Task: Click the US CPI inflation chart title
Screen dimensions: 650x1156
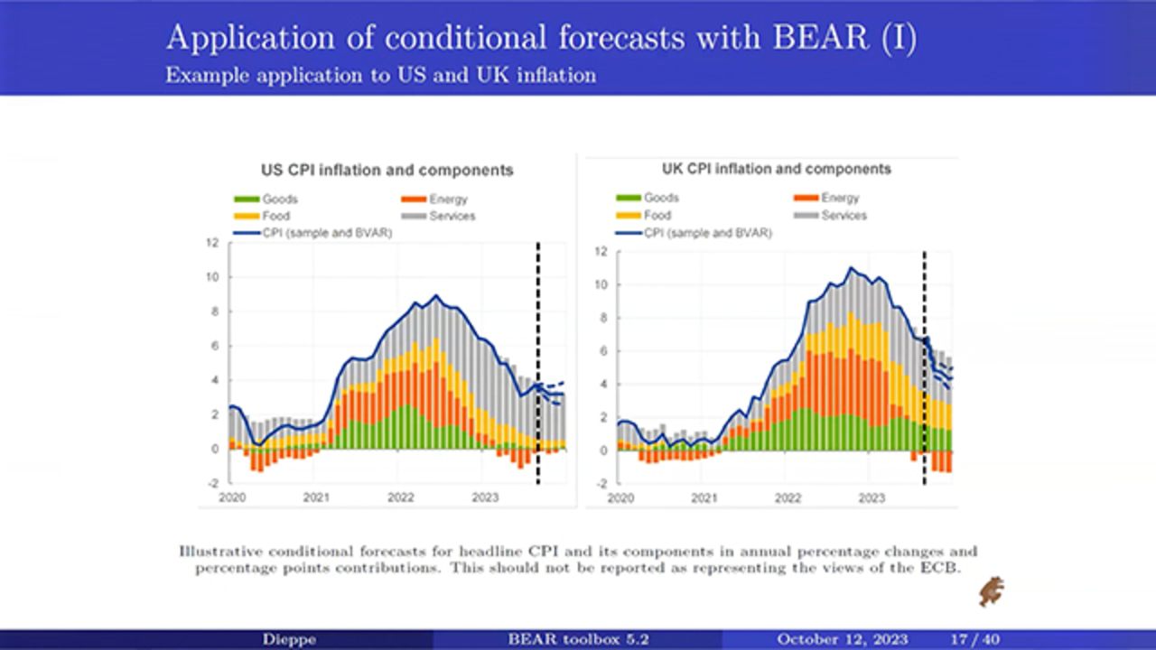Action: pyautogui.click(x=387, y=171)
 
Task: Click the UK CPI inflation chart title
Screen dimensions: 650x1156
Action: pyautogui.click(x=776, y=169)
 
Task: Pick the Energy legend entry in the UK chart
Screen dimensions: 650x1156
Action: pyautogui.click(x=839, y=198)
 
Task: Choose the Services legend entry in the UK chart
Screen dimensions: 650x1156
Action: pyautogui.click(x=844, y=216)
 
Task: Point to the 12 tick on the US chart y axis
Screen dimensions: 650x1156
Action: pyautogui.click(x=213, y=243)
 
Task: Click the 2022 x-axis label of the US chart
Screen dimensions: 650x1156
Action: pyautogui.click(x=400, y=497)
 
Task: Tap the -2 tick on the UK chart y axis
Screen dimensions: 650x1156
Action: pyautogui.click(x=600, y=484)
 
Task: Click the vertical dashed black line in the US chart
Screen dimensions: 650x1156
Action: pyautogui.click(x=538, y=361)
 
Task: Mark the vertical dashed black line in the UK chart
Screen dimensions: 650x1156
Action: pyautogui.click(x=924, y=361)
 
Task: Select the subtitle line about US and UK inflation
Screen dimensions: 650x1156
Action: pyautogui.click(x=380, y=76)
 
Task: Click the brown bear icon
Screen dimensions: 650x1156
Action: pyautogui.click(x=992, y=591)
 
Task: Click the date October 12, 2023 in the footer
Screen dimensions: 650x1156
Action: pyautogui.click(x=842, y=639)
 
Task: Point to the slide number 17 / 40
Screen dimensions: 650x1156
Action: pyautogui.click(x=974, y=639)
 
